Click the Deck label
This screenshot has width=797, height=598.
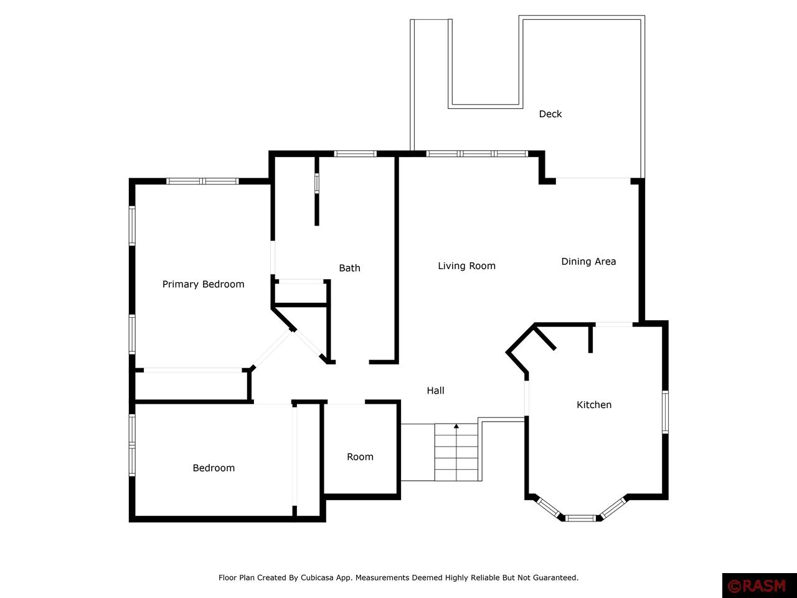[550, 114]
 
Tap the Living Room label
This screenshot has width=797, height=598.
[466, 266]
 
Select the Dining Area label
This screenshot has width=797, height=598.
[588, 262]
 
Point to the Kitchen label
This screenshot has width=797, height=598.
[594, 404]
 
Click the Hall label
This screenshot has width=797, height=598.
[435, 391]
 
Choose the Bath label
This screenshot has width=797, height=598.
[350, 268]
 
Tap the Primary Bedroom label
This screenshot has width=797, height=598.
[204, 284]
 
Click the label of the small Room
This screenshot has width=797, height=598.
[360, 457]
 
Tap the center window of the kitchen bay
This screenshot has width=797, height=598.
[580, 518]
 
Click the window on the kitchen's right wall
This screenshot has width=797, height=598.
[665, 412]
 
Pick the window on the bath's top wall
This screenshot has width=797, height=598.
[355, 154]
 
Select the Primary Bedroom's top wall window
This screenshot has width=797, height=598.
[202, 181]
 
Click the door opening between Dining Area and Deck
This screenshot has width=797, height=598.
[593, 178]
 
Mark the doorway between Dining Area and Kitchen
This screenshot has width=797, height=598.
[614, 325]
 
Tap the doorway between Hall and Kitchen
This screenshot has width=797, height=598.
[527, 398]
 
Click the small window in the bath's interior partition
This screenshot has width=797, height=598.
[317, 183]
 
